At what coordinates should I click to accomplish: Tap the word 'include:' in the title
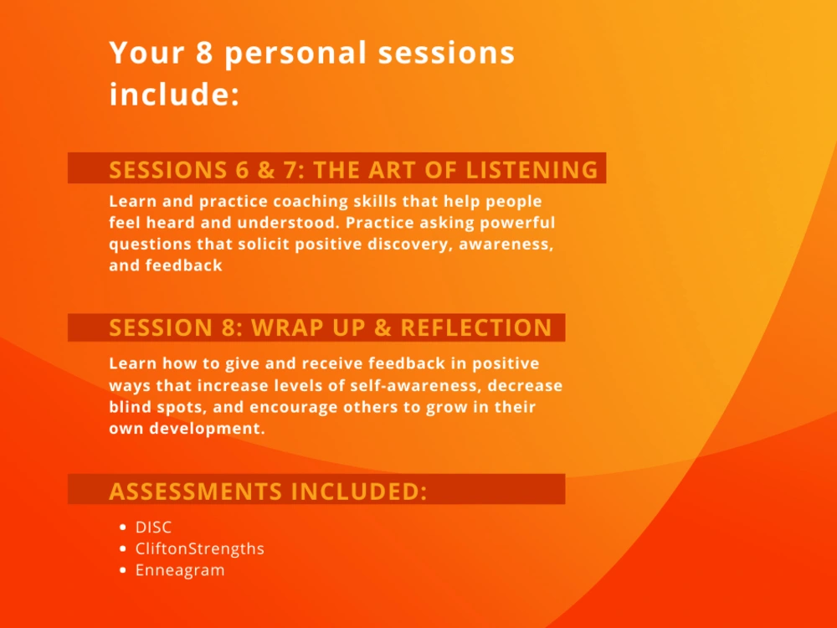click(x=174, y=94)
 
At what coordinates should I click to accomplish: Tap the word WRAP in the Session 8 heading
click(x=290, y=327)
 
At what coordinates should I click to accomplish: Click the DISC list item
click(x=153, y=528)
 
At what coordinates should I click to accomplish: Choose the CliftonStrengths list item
click(x=199, y=549)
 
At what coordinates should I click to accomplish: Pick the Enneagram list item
click(x=180, y=571)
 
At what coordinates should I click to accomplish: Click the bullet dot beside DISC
click(x=124, y=528)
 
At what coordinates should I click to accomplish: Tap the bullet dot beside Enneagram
click(x=124, y=571)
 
